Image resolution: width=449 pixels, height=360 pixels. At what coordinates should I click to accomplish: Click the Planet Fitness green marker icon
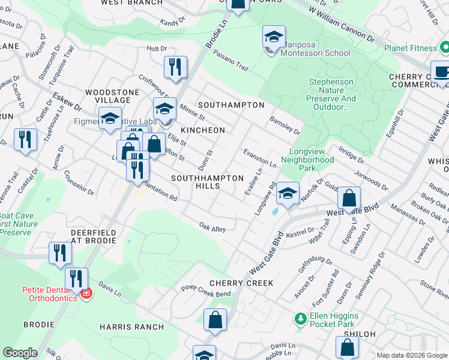pos(444,47)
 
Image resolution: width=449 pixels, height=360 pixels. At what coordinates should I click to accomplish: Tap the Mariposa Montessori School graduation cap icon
pos(274,38)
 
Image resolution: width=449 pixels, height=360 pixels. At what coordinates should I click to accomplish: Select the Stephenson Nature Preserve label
pos(332,94)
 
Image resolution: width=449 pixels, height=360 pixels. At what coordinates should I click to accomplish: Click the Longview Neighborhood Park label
pos(312,160)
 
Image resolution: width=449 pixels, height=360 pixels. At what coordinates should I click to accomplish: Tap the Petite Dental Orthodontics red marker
pos(85,294)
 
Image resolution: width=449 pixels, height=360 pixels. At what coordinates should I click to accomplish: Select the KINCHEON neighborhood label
pos(203,130)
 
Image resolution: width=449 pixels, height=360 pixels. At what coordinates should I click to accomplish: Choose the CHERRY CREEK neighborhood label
pos(241,283)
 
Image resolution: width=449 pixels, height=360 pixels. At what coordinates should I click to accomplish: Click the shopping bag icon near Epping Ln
pos(349,197)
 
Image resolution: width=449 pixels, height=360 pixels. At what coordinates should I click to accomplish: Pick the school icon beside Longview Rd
pos(288,193)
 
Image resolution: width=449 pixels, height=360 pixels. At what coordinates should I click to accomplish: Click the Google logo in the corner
pos(20,353)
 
